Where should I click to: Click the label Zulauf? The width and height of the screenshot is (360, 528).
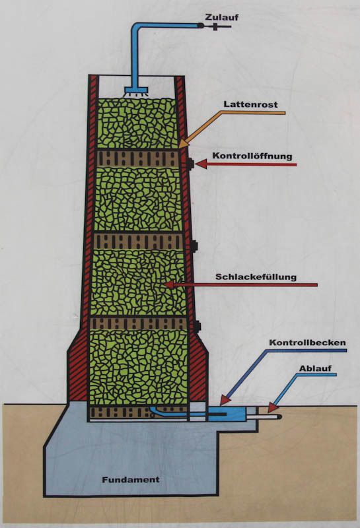pos(222,16)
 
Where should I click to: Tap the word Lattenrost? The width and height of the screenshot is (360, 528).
pos(251,104)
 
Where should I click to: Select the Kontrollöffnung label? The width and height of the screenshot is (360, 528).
pos(252,156)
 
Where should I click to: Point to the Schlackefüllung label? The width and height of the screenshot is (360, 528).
pos(256,277)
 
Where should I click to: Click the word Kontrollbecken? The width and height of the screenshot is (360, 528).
pos(307,343)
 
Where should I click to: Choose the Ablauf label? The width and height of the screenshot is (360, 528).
pos(315,368)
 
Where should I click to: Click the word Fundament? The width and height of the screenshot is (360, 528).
pos(131,479)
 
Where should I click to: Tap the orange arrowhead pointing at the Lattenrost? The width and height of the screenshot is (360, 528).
pos(185,143)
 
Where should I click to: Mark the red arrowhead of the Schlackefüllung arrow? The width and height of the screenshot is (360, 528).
pos(168,285)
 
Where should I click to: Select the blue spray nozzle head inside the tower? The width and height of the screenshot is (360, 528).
pos(137,91)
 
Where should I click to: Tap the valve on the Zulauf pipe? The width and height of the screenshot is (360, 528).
pos(215,26)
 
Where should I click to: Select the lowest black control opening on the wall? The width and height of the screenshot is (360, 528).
pos(198,325)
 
